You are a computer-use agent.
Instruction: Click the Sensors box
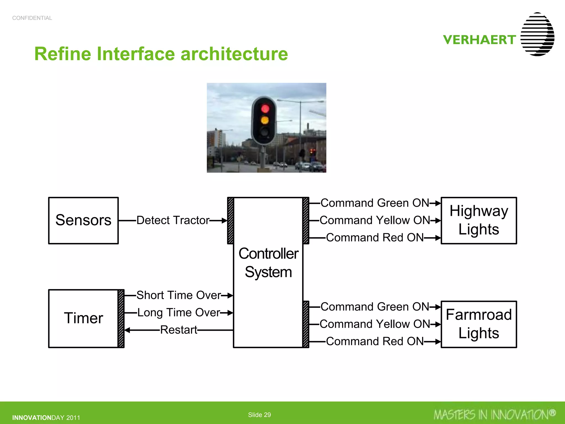83,221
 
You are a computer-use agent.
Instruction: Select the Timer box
83,318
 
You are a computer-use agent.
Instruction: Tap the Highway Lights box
479,221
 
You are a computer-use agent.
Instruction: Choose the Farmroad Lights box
479,324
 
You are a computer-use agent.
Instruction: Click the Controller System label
268,263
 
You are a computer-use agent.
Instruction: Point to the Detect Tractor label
173,221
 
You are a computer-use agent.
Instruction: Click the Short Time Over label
178,295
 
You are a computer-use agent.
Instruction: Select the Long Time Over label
178,313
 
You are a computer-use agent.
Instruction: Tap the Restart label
178,330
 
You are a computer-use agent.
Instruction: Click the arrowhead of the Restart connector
127,330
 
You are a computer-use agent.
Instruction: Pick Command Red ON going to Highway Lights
375,238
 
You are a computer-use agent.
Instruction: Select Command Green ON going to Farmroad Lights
375,307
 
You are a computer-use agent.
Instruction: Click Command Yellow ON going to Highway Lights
375,221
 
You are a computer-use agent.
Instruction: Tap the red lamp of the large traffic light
265,108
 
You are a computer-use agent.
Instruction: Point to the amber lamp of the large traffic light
265,120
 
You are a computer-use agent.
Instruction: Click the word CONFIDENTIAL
32,18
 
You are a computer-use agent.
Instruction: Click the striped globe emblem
537,34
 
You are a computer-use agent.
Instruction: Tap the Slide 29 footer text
259,415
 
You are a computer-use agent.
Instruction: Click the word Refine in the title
62,54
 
